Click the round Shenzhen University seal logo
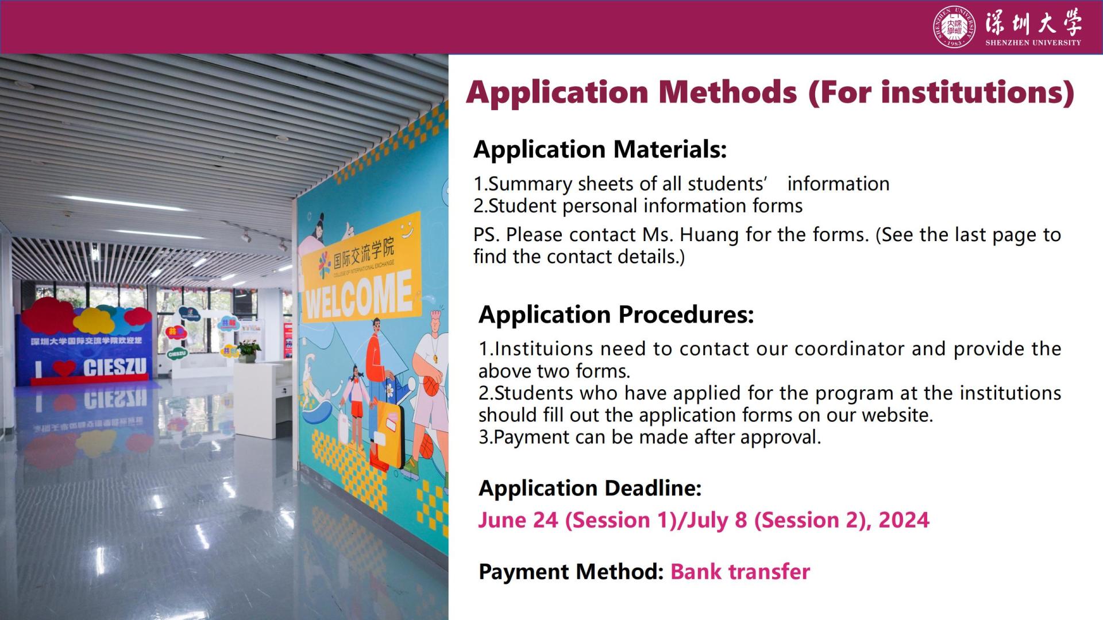[x=954, y=27]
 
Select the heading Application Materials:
[x=600, y=149]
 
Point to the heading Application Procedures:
[x=616, y=315]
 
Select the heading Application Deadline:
[x=590, y=488]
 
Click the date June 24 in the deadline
[x=518, y=520]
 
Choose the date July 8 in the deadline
[x=717, y=520]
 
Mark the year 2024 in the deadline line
[x=904, y=520]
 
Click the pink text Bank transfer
[x=740, y=572]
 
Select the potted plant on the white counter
[x=248, y=350]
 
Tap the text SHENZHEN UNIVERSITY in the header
[x=1033, y=42]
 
